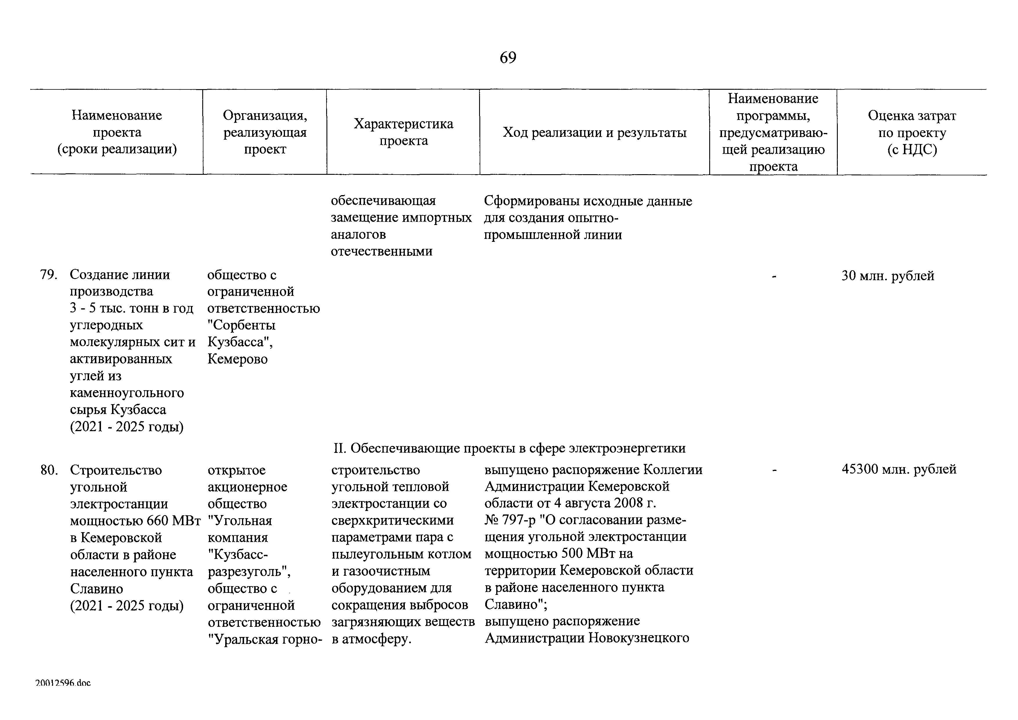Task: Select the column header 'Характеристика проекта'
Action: (x=403, y=132)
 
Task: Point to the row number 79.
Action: (x=49, y=275)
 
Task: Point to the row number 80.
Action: (x=49, y=470)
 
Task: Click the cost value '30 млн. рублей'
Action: (x=888, y=276)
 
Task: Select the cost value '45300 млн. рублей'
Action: (x=899, y=470)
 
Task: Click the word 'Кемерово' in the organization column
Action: (x=238, y=359)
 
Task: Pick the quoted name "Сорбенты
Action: (x=242, y=325)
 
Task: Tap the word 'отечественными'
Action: (x=381, y=251)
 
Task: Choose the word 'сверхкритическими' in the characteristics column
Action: (x=392, y=520)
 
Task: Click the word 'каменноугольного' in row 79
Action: (x=127, y=393)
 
